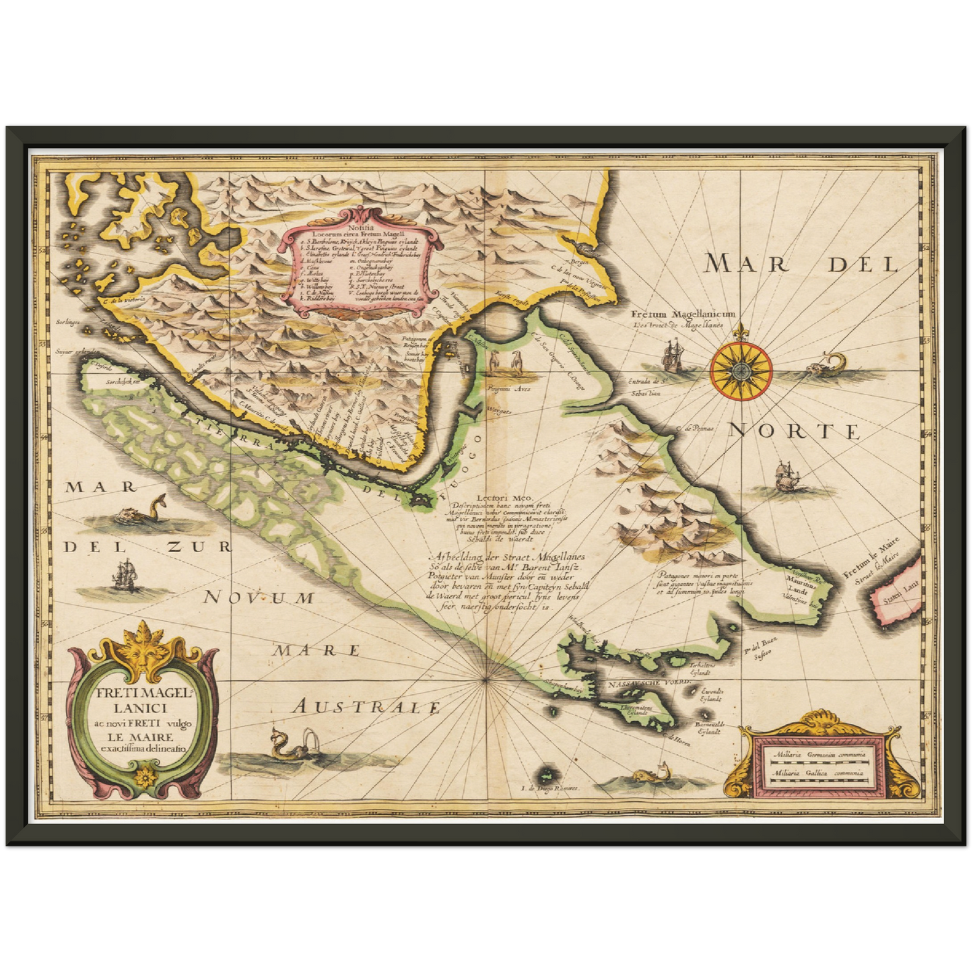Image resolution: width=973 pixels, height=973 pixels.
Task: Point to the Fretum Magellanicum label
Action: (x=683, y=314)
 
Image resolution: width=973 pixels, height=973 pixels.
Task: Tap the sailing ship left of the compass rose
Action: (x=674, y=356)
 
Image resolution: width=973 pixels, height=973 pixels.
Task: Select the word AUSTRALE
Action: (x=367, y=706)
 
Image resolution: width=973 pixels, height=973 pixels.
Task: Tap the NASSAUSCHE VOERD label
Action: (x=648, y=683)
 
